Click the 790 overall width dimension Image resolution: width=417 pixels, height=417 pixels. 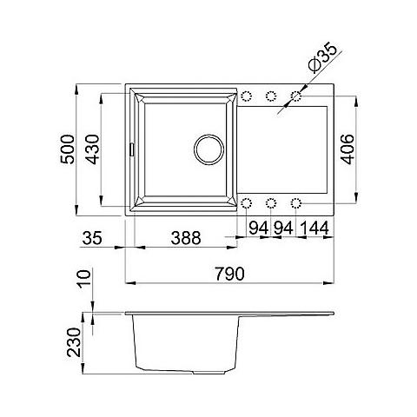[x=229, y=274]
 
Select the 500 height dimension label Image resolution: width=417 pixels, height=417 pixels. [x=67, y=149]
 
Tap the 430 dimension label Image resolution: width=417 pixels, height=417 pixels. [x=92, y=149]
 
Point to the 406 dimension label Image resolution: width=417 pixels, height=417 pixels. [x=347, y=149]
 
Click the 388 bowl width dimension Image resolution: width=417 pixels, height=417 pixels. [x=186, y=238]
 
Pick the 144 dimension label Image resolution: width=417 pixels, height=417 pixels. [x=314, y=228]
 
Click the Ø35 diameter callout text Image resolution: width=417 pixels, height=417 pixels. [x=323, y=57]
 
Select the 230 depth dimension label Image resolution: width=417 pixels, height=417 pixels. [x=74, y=342]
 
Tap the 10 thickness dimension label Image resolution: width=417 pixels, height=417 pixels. [x=84, y=279]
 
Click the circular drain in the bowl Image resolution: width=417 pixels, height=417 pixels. [x=208, y=149]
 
